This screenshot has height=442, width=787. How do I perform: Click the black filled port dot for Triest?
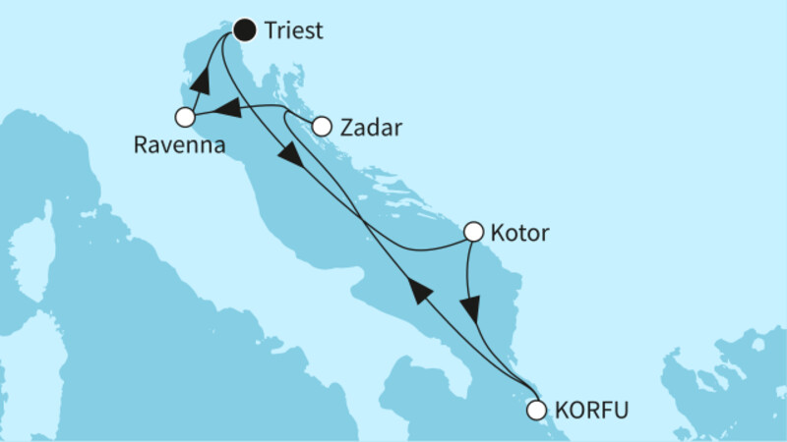[243, 30]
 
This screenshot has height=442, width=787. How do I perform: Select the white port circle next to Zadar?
[321, 126]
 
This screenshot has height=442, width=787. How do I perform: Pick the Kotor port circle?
[473, 233]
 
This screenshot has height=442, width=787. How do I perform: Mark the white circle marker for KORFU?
[536, 410]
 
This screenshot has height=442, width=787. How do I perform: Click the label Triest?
[294, 31]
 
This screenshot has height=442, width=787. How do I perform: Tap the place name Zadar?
[370, 127]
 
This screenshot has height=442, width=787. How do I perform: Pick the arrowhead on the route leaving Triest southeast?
[292, 156]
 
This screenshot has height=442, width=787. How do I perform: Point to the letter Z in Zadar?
[346, 127]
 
